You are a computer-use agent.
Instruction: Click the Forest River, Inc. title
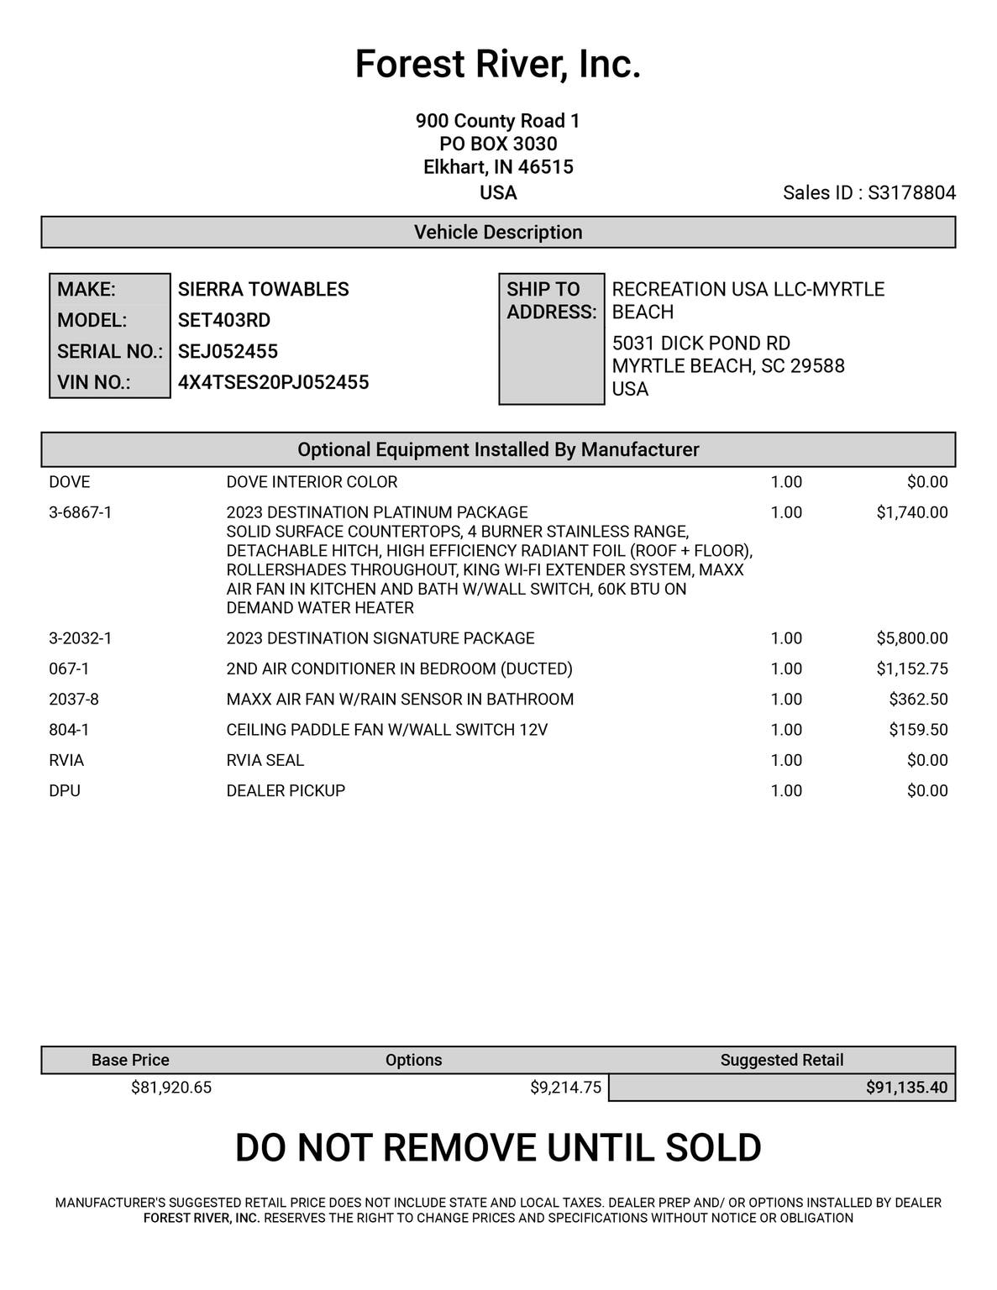pyautogui.click(x=498, y=65)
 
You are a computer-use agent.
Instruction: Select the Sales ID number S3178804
pyautogui.click(x=911, y=193)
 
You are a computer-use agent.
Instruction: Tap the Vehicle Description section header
pyautogui.click(x=498, y=233)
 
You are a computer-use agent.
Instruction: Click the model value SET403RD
pyautogui.click(x=224, y=321)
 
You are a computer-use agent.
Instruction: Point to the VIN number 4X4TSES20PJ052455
pyautogui.click(x=273, y=383)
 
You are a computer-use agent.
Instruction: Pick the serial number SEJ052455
pyautogui.click(x=228, y=352)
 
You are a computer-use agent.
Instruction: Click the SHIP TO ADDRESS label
pyautogui.click(x=551, y=301)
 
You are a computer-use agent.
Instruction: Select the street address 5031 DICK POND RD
pyautogui.click(x=701, y=343)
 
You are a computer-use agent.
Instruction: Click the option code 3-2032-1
pyautogui.click(x=80, y=638)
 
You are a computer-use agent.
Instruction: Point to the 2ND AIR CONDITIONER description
pyautogui.click(x=399, y=669)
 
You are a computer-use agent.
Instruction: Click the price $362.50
pyautogui.click(x=918, y=700)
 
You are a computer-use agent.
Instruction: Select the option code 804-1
pyautogui.click(x=69, y=730)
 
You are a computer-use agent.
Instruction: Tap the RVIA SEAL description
pyautogui.click(x=265, y=761)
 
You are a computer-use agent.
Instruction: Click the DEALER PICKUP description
pyautogui.click(x=286, y=791)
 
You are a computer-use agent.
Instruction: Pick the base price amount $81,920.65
pyautogui.click(x=171, y=1088)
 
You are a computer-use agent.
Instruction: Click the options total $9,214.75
pyautogui.click(x=565, y=1088)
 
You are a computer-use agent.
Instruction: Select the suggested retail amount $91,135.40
pyautogui.click(x=906, y=1088)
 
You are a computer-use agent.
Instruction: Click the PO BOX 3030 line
pyautogui.click(x=498, y=144)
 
